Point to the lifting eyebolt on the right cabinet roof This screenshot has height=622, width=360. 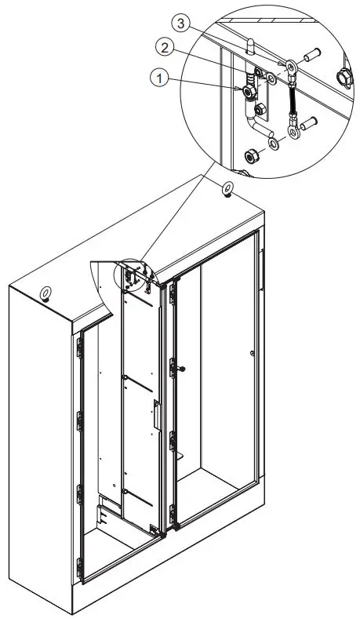(x=227, y=188)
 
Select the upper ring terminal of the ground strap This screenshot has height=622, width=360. (x=291, y=69)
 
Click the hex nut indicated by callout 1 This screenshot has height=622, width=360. (x=250, y=93)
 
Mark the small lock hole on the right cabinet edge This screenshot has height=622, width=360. (x=250, y=355)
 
